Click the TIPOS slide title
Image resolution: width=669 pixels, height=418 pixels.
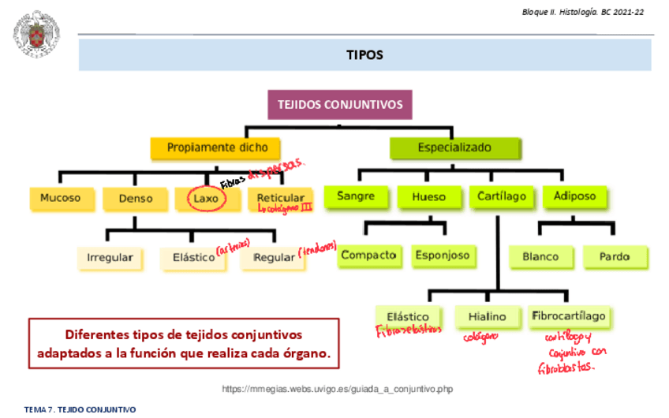click(x=364, y=55)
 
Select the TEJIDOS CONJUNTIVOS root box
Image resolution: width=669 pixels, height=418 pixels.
click(x=340, y=104)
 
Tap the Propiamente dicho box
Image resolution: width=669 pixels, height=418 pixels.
click(x=217, y=147)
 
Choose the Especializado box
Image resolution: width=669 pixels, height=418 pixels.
click(x=454, y=147)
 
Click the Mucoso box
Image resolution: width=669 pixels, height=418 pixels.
click(x=61, y=198)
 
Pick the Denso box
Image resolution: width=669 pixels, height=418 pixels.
click(x=136, y=198)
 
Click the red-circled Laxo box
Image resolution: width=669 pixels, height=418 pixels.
click(x=207, y=198)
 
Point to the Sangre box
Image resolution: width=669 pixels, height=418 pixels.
click(x=356, y=196)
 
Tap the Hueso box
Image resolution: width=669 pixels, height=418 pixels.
click(x=428, y=196)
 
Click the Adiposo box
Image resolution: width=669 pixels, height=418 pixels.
click(x=574, y=196)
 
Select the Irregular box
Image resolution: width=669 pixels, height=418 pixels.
click(x=110, y=258)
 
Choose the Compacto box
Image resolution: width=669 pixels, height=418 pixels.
click(x=368, y=256)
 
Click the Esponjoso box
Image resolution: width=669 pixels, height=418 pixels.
click(x=441, y=256)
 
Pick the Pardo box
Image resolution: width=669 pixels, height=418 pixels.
click(x=615, y=256)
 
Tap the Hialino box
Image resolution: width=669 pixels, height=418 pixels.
click(x=487, y=316)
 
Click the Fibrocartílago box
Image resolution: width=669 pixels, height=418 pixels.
click(x=569, y=316)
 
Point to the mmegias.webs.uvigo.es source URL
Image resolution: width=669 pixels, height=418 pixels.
click(x=337, y=389)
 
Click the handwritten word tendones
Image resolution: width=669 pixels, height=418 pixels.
click(x=317, y=250)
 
